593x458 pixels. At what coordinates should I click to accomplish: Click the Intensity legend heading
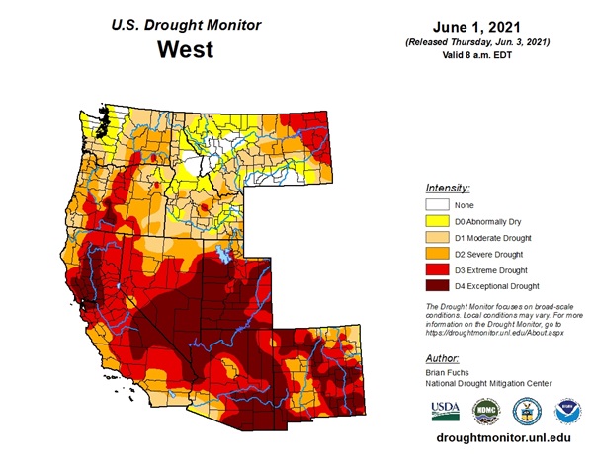tap(447, 188)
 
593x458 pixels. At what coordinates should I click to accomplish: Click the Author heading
tap(442, 359)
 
